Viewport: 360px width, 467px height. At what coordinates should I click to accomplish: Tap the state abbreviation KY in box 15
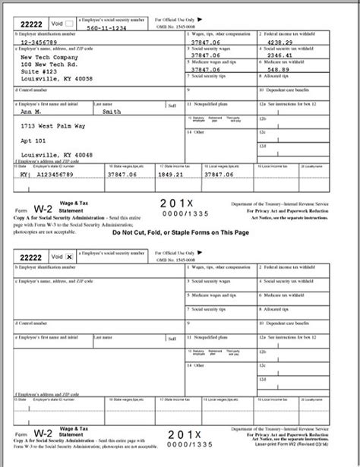click(23, 172)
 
